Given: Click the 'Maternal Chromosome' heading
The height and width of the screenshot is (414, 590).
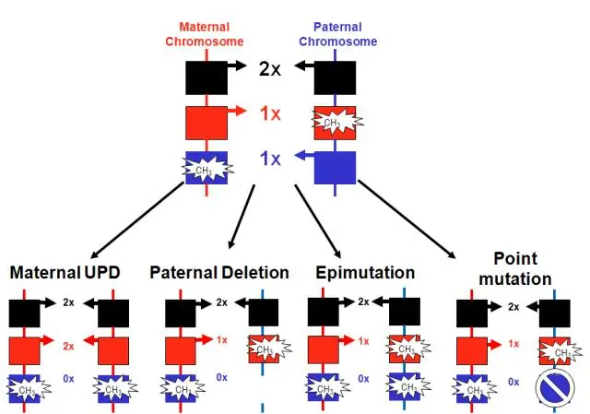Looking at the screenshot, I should (x=204, y=35).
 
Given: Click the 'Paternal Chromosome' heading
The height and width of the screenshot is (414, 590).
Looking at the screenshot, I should (x=338, y=35).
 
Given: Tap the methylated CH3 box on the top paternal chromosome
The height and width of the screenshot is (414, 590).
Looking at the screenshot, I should (x=336, y=122).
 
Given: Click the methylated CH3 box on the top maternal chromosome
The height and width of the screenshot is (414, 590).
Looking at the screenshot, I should (x=206, y=170).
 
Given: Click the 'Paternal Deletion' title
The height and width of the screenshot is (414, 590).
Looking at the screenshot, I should (x=219, y=274).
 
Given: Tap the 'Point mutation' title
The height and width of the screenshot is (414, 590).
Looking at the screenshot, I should (x=522, y=269).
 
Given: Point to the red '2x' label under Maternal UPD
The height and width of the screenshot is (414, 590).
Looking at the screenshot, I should (x=68, y=346).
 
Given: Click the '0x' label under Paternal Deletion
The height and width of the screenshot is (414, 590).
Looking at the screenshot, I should (x=222, y=378).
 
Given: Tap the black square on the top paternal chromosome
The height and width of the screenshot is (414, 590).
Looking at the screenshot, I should (x=336, y=76).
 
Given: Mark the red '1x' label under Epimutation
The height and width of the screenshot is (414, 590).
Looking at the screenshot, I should (x=363, y=341).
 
